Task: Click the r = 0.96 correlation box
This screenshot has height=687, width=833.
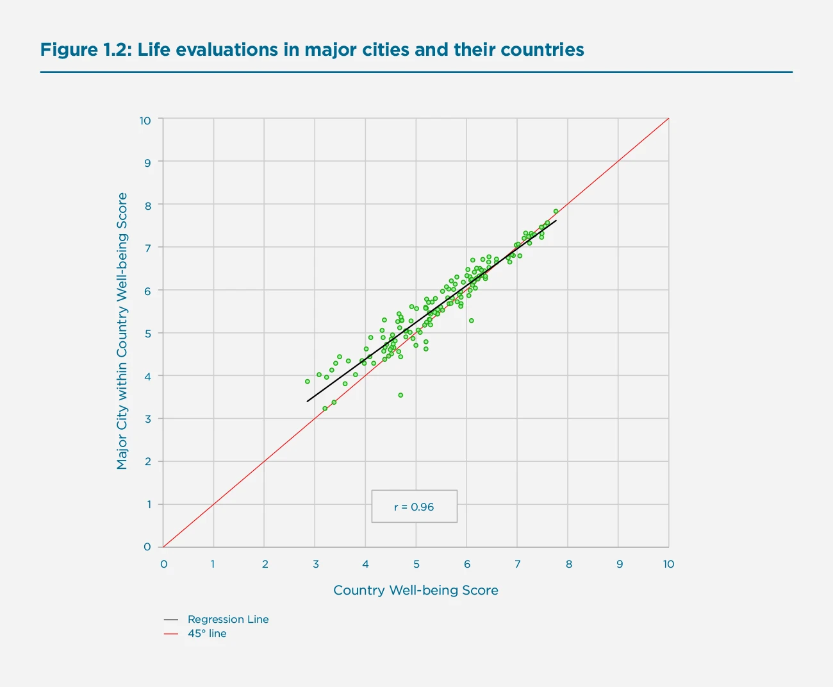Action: (x=414, y=507)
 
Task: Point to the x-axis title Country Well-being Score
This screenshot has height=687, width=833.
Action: (x=415, y=590)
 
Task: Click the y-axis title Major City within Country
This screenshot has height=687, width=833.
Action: (x=122, y=331)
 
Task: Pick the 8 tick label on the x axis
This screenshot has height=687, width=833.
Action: (x=568, y=564)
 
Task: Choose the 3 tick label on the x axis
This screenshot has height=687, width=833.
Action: (x=315, y=564)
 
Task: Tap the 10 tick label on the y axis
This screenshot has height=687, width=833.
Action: (x=145, y=121)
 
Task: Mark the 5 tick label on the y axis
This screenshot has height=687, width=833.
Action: (x=148, y=334)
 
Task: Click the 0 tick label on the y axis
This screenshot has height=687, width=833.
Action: (x=148, y=547)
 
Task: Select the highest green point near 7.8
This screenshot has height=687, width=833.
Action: (x=556, y=211)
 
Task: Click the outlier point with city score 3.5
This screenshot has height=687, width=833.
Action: (x=400, y=395)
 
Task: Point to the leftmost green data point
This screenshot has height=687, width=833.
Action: (x=307, y=381)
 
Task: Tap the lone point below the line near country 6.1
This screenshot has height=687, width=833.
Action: (x=471, y=321)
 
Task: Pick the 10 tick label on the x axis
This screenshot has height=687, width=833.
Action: (x=668, y=564)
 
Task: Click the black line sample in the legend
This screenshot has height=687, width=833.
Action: (x=171, y=620)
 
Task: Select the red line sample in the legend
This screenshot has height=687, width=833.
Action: (x=171, y=634)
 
